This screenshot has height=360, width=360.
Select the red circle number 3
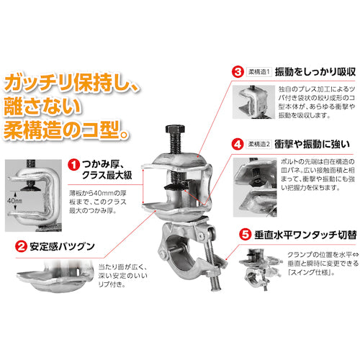point(235,73)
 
